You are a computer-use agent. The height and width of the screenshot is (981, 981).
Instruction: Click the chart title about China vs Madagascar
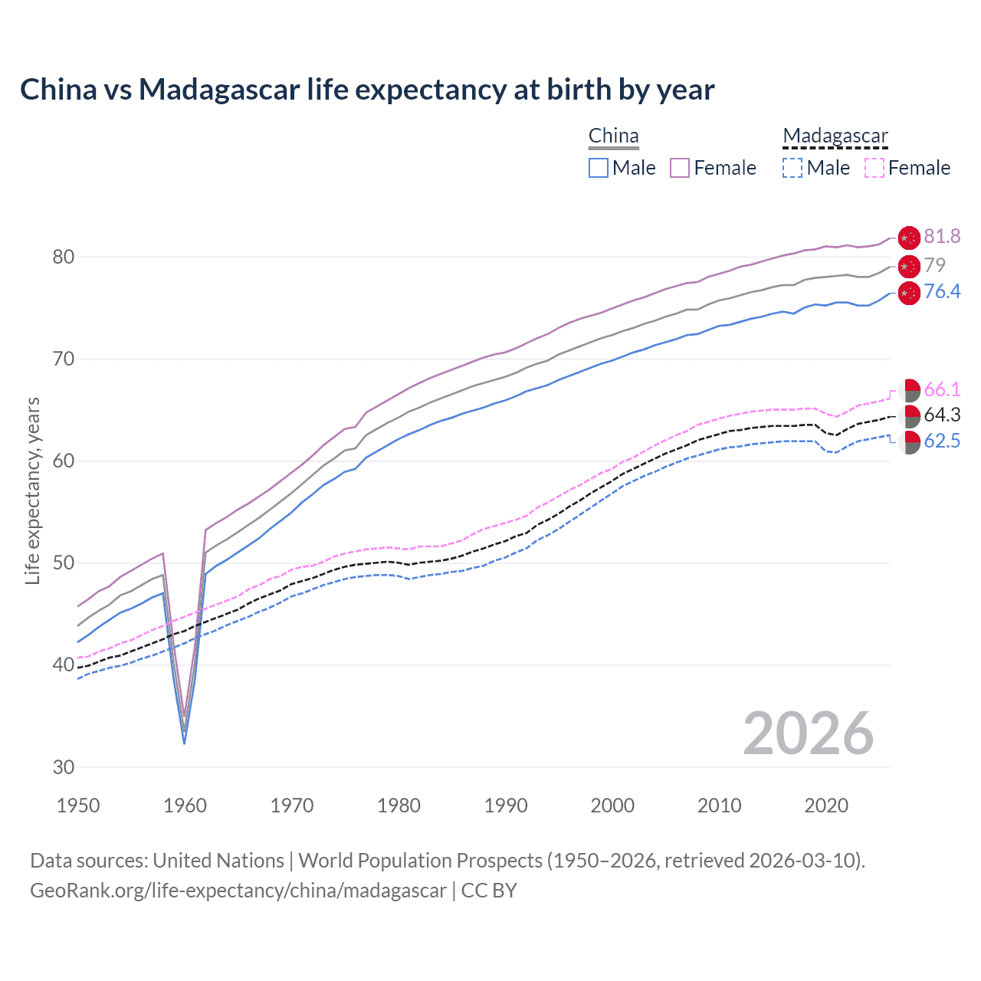tap(367, 90)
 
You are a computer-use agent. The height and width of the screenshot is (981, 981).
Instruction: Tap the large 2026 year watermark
tap(808, 733)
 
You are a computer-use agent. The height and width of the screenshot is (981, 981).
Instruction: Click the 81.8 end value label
tap(942, 237)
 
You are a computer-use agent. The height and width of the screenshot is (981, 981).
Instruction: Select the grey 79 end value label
tap(934, 265)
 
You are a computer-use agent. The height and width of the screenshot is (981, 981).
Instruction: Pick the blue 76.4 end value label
tap(942, 292)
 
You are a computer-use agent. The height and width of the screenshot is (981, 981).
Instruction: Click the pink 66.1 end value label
tap(942, 390)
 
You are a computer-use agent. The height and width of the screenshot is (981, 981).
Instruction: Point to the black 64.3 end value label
tap(942, 415)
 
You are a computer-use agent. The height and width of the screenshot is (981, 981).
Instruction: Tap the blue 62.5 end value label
tap(942, 441)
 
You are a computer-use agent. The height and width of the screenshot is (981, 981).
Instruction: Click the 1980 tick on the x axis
tap(399, 805)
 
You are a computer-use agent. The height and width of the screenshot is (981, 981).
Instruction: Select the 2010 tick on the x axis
tap(719, 805)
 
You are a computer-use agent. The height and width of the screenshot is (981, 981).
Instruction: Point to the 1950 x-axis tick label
tap(78, 805)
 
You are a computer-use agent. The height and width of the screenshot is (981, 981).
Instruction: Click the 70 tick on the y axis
tap(64, 359)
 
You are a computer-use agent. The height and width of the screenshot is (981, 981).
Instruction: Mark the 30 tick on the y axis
tap(64, 767)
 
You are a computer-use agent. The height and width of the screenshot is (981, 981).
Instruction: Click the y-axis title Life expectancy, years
tap(32, 490)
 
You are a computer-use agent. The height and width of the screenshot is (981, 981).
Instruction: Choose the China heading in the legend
tap(613, 136)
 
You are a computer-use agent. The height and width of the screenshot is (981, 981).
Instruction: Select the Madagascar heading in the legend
tap(835, 136)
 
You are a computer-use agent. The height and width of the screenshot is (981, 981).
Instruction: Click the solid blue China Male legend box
tap(599, 168)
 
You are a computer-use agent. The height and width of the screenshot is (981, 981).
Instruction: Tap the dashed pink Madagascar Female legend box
tap(874, 168)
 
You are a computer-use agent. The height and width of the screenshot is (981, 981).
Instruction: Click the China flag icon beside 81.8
tap(909, 238)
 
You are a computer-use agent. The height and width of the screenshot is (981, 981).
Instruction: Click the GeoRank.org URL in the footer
tap(238, 891)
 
